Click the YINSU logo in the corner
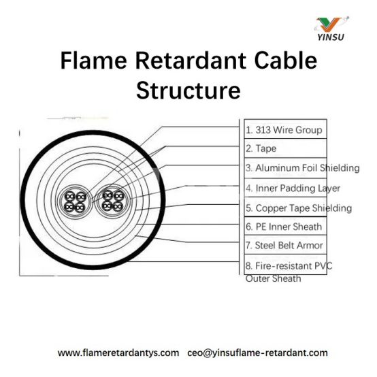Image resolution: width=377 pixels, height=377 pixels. click(331, 29)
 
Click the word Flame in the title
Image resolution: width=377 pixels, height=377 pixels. click(93, 61)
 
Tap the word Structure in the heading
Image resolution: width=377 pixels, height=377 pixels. click(188, 91)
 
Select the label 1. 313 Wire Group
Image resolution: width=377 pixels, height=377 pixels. click(284, 130)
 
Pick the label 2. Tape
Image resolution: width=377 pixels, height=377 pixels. click(261, 148)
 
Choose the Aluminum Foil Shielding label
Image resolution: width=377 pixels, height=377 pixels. click(302, 168)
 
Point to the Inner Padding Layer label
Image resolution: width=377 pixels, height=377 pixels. click(293, 188)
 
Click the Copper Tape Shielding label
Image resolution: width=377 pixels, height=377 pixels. click(299, 208)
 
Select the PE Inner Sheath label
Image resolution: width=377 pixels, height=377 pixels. click(284, 227)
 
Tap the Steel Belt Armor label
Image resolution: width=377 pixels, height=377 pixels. click(284, 245)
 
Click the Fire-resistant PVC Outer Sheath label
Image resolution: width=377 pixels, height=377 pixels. click(289, 272)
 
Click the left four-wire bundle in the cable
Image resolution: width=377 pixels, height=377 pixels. click(75, 201)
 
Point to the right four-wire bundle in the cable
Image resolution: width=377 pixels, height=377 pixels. click(112, 201)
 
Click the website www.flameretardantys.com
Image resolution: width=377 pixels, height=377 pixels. click(118, 353)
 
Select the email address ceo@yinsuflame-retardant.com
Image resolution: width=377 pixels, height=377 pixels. click(257, 353)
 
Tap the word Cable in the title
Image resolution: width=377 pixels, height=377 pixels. click(286, 61)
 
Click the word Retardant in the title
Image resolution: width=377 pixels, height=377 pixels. click(191, 61)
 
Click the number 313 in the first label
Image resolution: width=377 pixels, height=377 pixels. click(263, 130)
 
